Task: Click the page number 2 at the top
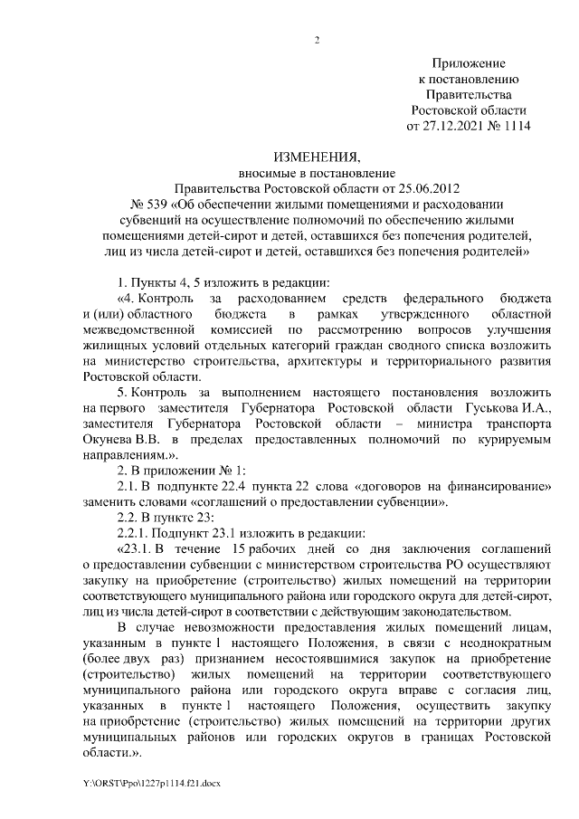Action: tap(317, 40)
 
